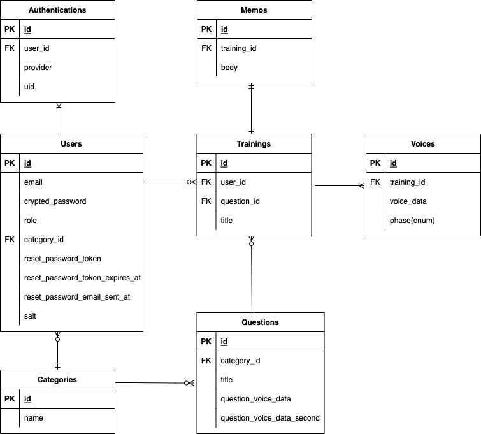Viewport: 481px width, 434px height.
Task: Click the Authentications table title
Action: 57,10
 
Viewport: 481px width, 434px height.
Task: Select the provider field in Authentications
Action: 38,68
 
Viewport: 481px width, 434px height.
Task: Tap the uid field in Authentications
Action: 30,87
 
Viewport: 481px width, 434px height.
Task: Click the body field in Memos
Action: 229,68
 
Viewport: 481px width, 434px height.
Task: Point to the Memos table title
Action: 254,10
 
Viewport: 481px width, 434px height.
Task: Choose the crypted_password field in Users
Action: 55,201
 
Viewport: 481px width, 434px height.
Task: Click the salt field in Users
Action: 31,316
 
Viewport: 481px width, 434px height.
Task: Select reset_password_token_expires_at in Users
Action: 82,278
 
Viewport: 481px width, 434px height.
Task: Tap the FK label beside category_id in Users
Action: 10,240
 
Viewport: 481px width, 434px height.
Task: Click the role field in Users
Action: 31,221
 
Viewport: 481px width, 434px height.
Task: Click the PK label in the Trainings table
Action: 206,163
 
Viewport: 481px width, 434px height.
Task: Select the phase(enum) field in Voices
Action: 412,221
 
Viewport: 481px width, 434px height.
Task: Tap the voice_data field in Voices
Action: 408,201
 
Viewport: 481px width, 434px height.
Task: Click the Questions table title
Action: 260,322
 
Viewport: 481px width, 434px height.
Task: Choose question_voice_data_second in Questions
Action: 270,418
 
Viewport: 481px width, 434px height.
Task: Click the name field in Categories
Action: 34,418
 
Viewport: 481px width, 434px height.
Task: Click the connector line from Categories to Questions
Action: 153,383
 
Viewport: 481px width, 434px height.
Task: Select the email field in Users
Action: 33,182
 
